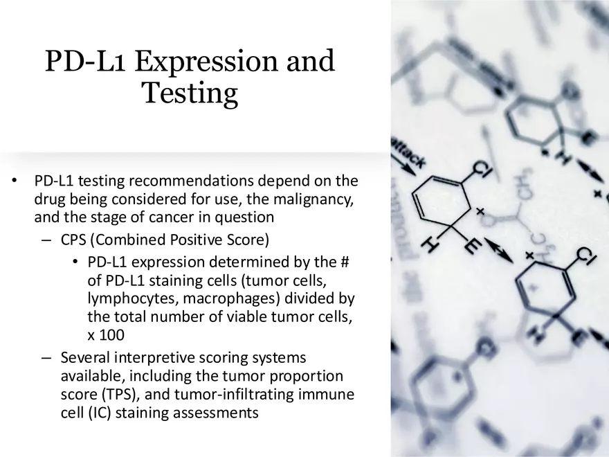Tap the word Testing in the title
[190, 93]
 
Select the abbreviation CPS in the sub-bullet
[74, 240]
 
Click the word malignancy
[311, 199]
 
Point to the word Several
[86, 358]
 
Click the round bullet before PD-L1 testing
[13, 181]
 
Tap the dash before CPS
[46, 240]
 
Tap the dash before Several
[46, 358]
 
